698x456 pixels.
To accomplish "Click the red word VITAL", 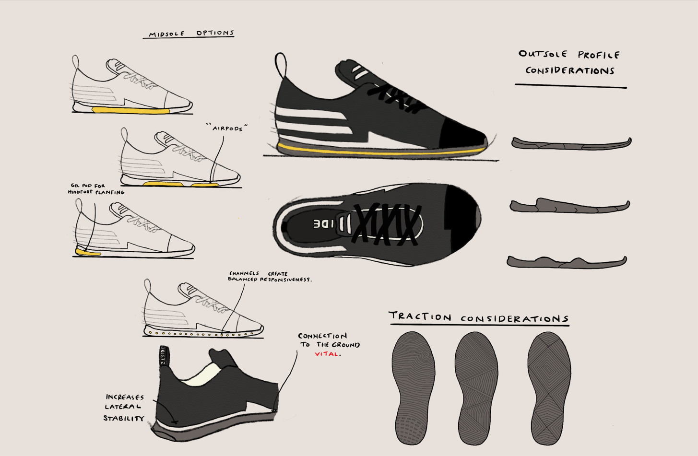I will (x=327, y=354).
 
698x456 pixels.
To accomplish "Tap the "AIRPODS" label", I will (x=227, y=128).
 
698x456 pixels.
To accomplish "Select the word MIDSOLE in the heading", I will (x=166, y=34).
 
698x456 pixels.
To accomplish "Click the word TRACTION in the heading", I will (x=420, y=316).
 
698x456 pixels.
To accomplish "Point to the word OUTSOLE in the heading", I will (x=543, y=54).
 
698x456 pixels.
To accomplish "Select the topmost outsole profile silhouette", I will (x=571, y=143).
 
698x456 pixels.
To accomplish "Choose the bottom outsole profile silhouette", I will (x=567, y=262).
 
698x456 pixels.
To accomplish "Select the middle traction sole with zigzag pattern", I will (x=476, y=388).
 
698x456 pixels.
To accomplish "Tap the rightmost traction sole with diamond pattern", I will (x=549, y=388).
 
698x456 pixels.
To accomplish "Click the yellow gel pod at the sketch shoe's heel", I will (x=88, y=252).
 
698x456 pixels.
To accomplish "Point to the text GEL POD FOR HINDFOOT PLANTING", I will (x=95, y=189).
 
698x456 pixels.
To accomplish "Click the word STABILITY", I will (x=124, y=418).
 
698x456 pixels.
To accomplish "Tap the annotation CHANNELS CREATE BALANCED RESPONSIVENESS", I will (x=269, y=277).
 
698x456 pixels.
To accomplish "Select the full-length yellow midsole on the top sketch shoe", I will (x=130, y=111).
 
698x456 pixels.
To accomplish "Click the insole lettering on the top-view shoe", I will (x=324, y=224).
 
